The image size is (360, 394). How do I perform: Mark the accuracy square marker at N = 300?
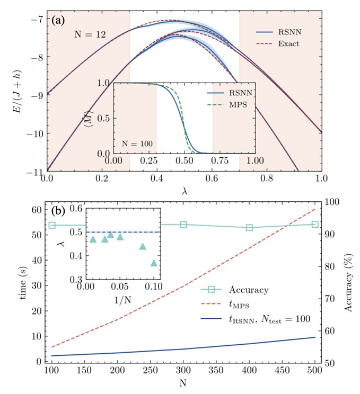click(183, 225)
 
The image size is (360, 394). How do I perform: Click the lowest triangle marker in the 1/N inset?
click(154, 263)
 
